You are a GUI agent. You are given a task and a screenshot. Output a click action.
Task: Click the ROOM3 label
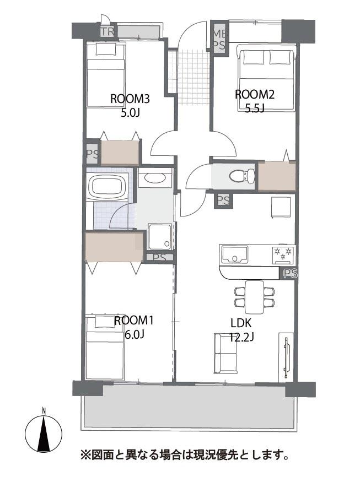point(130,99)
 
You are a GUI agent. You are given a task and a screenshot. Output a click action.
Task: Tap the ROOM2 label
point(255,94)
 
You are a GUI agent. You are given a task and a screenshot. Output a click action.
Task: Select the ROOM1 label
point(134,321)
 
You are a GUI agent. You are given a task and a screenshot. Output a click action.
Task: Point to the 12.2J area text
point(241,337)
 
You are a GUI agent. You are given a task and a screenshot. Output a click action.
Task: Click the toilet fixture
point(241,176)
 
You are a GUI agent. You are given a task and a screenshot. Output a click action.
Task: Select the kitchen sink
point(234,254)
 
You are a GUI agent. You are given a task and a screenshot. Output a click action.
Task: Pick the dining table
point(255,297)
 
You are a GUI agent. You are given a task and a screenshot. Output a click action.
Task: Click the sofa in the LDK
point(225,353)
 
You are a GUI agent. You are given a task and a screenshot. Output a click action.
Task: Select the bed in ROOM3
point(106,74)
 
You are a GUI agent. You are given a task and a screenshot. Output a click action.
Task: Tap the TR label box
point(107,31)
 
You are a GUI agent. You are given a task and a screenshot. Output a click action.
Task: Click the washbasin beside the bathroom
point(155,178)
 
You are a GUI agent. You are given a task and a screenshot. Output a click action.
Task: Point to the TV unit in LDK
point(286,357)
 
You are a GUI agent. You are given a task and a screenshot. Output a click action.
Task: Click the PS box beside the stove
point(289,274)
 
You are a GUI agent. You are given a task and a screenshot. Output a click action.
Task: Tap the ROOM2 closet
point(277,176)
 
